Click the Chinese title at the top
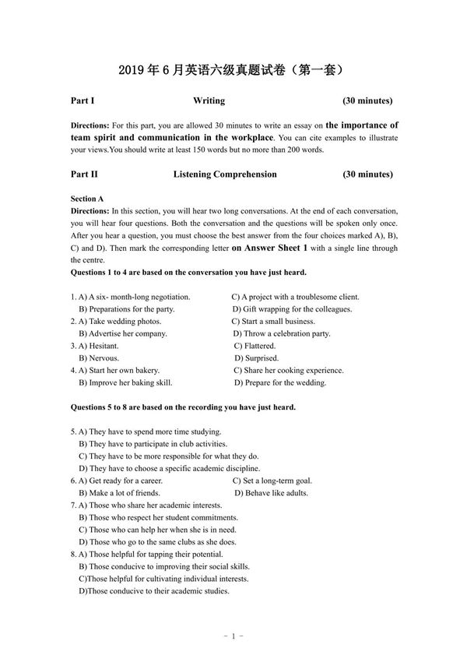pos(233,70)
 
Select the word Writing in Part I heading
pos(209,101)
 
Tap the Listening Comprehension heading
pos(225,174)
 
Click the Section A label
pos(87,199)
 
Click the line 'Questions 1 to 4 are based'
pos(188,273)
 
